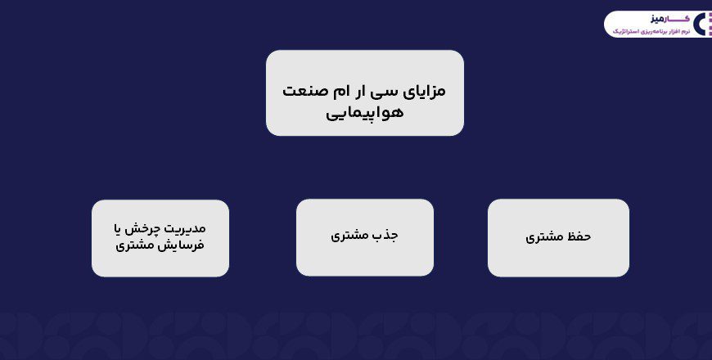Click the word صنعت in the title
coord(300,90)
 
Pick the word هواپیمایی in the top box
coord(364,112)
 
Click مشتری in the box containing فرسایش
coord(135,245)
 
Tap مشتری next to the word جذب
coord(349,236)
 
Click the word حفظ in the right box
coord(578,236)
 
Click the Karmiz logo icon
coord(702,24)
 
